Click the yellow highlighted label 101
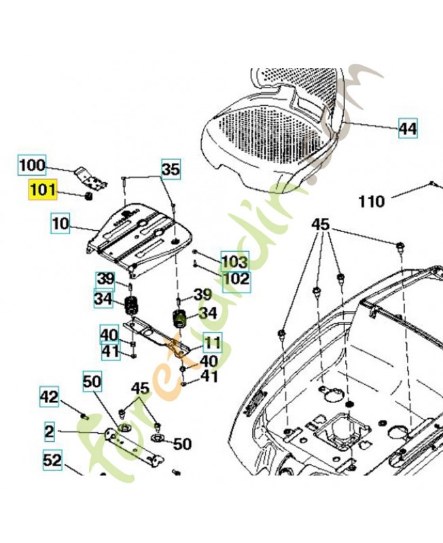pyautogui.click(x=42, y=189)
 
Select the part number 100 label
pyautogui.click(x=31, y=164)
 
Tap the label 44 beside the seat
pyautogui.click(x=407, y=128)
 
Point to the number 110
pyautogui.click(x=371, y=201)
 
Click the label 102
pyautogui.click(x=236, y=278)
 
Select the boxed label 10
pyautogui.click(x=60, y=223)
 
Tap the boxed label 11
pyautogui.click(x=212, y=343)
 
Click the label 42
pyautogui.click(x=49, y=396)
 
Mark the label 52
pyautogui.click(x=53, y=460)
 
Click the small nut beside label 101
pyautogui.click(x=88, y=196)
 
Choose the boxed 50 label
pyautogui.click(x=92, y=382)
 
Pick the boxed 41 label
pyautogui.click(x=109, y=351)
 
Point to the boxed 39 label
pyautogui.click(x=105, y=278)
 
